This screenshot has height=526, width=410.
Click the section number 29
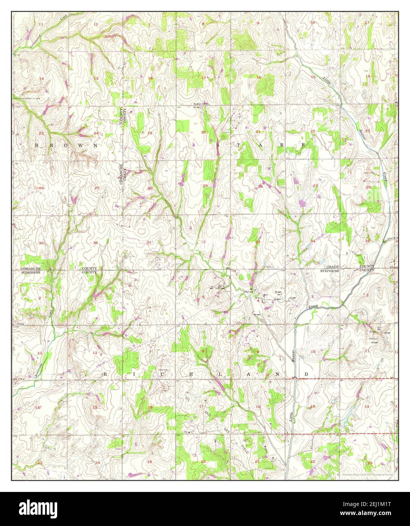[x=205, y=186]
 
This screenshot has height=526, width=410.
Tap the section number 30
[x=150, y=188]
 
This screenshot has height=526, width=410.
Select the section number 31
[x=149, y=243]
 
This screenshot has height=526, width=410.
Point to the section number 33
[x=258, y=241]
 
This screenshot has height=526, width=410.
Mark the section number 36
[x=95, y=243]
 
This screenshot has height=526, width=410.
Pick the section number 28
[x=260, y=187]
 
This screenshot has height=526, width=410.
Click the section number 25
[x=97, y=188]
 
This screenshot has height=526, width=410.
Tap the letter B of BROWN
[x=37, y=145]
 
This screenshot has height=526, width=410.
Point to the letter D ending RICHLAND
[x=307, y=374]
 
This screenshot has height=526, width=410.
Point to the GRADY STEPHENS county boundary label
[x=329, y=269]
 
